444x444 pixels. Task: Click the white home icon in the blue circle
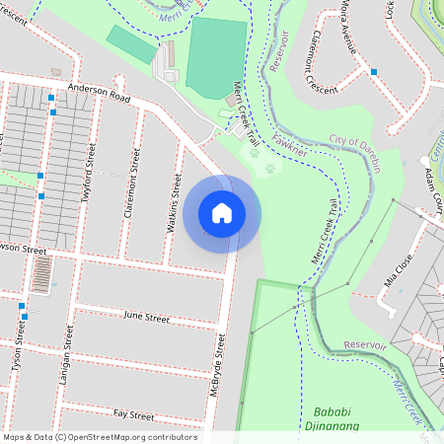(222, 213)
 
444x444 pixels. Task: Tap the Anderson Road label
(99, 93)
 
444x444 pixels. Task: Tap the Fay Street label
(134, 415)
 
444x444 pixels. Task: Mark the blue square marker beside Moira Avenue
(374, 71)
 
